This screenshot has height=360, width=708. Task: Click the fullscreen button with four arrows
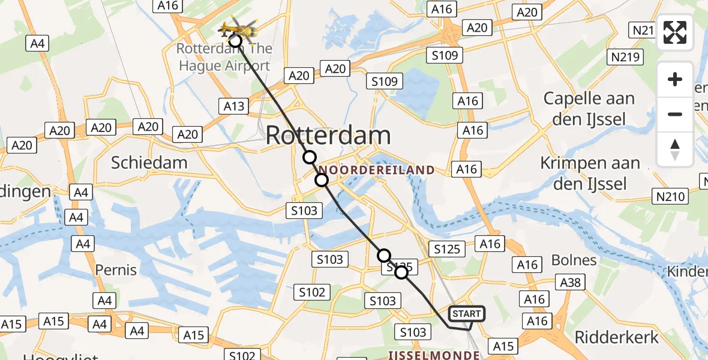pyautogui.click(x=675, y=32)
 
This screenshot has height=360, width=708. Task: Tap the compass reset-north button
pyautogui.click(x=675, y=149)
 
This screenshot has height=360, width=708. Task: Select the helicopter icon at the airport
pyautogui.click(x=237, y=28)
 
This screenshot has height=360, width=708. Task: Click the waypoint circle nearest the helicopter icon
pyautogui.click(x=235, y=41)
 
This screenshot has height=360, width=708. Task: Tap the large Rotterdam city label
pyautogui.click(x=328, y=135)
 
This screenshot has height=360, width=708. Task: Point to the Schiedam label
pyautogui.click(x=149, y=162)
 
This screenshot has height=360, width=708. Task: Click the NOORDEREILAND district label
pyautogui.click(x=376, y=170)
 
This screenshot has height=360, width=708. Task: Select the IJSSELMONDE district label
pyautogui.click(x=434, y=355)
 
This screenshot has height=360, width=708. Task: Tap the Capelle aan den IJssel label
pyautogui.click(x=589, y=109)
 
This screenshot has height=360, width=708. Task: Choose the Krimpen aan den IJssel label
pyautogui.click(x=590, y=173)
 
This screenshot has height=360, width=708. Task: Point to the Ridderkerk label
pyautogui.click(x=617, y=337)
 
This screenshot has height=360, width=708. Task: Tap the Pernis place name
pyautogui.click(x=116, y=270)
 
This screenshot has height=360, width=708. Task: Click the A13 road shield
pyautogui.click(x=234, y=106)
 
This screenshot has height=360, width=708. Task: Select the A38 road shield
pyautogui.click(x=571, y=281)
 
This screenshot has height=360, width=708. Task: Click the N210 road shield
pyautogui.click(x=670, y=195)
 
